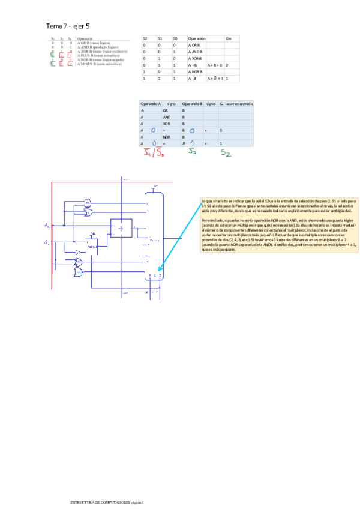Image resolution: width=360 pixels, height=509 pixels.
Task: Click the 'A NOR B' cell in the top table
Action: pyautogui.click(x=196, y=71)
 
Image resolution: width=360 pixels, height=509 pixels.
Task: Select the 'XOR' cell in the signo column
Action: pyautogui.click(x=167, y=124)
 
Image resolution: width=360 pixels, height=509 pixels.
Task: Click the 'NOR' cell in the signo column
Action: pyautogui.click(x=167, y=137)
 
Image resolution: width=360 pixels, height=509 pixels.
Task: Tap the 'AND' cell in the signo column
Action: pyautogui.click(x=167, y=117)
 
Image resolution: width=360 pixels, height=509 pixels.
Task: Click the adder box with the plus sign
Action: pyautogui.click(x=121, y=227)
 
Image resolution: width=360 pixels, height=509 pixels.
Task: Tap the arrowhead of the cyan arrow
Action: pyautogui.click(x=160, y=270)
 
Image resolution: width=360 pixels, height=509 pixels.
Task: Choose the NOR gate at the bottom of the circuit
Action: pyautogui.click(x=79, y=273)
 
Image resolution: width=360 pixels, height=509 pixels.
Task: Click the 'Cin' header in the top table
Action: pyautogui.click(x=229, y=38)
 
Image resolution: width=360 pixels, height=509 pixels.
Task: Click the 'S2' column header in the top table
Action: pyautogui.click(x=145, y=38)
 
